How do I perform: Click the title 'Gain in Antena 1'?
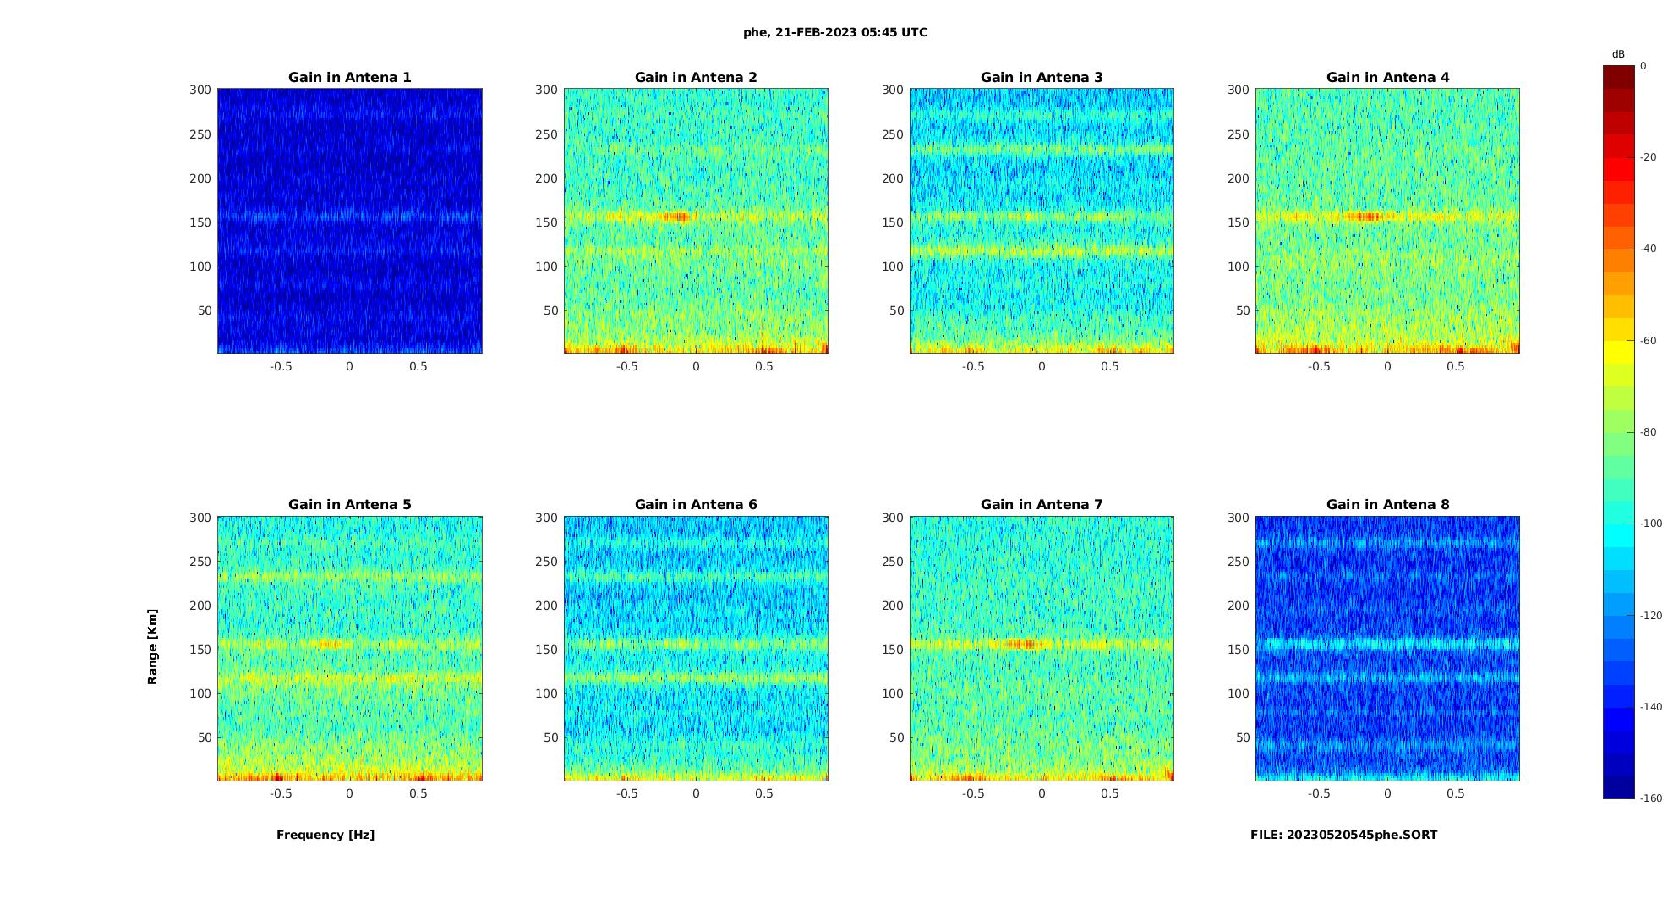point(349,77)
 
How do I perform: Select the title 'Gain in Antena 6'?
point(696,504)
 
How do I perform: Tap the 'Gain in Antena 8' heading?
point(1387,504)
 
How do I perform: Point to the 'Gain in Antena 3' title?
point(1042,77)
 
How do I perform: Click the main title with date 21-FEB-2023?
point(835,32)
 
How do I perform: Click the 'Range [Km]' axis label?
point(153,647)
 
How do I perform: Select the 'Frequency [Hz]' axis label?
point(325,835)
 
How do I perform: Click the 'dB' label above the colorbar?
point(1618,54)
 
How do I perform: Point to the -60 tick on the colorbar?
point(1648,341)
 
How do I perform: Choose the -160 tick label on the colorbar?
point(1651,798)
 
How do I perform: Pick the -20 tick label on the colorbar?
point(1648,157)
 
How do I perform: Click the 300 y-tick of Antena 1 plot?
point(200,90)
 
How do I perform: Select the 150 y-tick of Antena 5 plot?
point(200,650)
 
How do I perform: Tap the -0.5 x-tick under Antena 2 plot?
point(626,366)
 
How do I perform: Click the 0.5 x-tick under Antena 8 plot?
point(1456,793)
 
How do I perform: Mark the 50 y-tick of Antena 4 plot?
point(1243,310)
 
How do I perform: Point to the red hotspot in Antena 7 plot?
point(1023,644)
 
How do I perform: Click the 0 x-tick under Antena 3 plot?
point(1042,366)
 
